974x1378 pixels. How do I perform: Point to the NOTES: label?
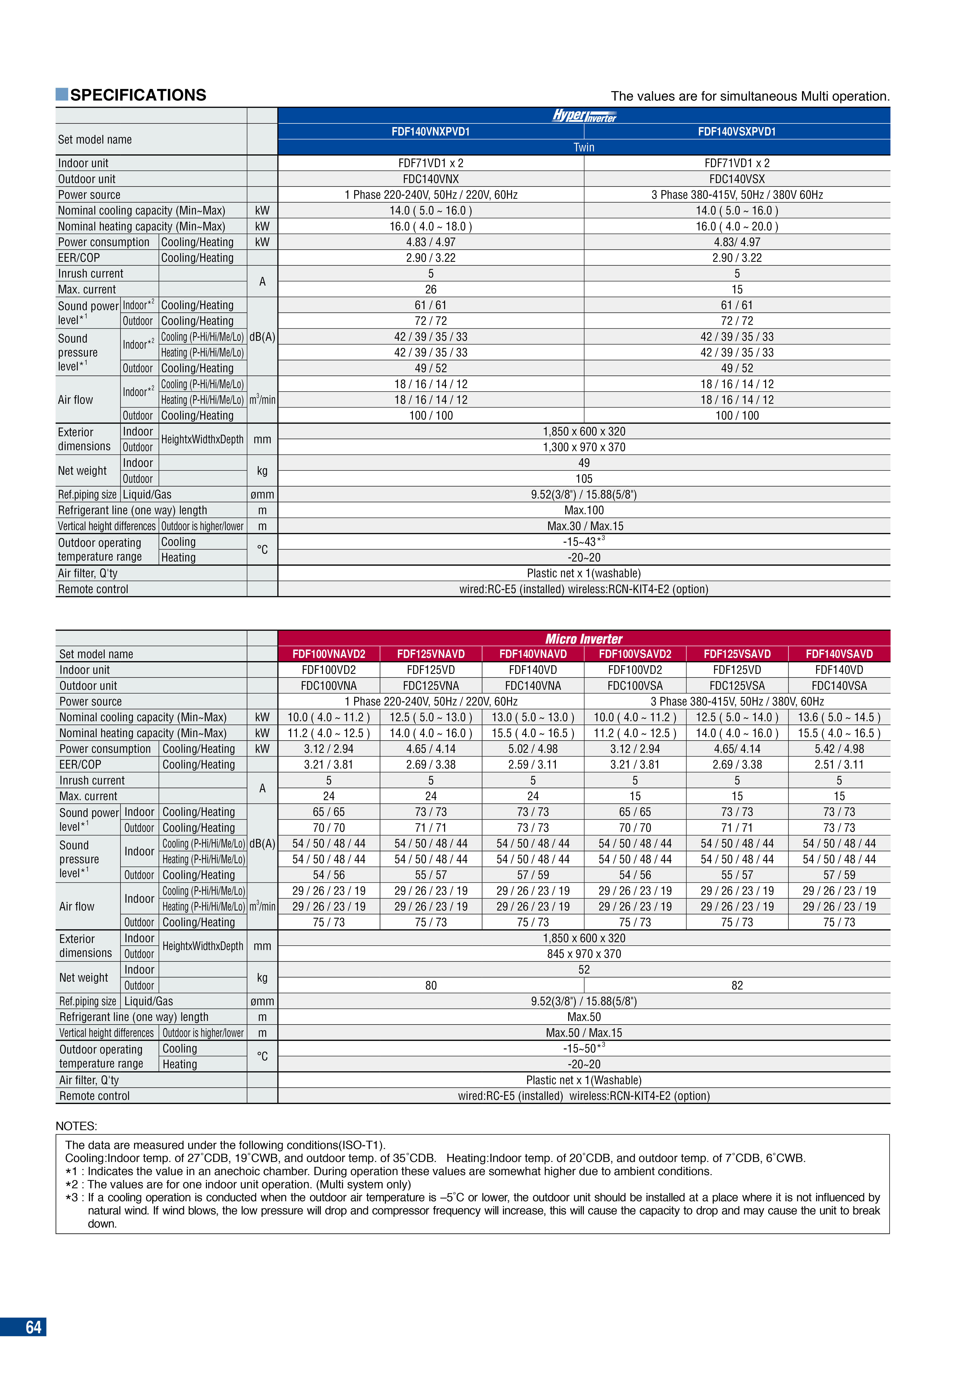coord(76,1126)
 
